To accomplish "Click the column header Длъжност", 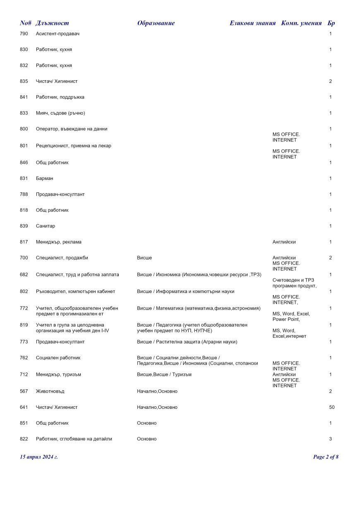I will [x=52, y=23].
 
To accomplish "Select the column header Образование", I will [x=156, y=23].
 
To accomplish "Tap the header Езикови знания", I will [x=252, y=23].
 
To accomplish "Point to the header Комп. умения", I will [x=301, y=23].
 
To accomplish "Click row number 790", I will [x=24, y=34].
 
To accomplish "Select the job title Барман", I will [x=45, y=178].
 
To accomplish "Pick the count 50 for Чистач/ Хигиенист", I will [x=331, y=407].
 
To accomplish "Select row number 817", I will [x=24, y=242].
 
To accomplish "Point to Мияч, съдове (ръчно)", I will [x=60, y=113].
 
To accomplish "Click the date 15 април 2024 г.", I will [x=39, y=457].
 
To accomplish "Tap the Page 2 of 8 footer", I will [x=326, y=457].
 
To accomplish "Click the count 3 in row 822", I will [x=330, y=439].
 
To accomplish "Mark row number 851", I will [x=24, y=423].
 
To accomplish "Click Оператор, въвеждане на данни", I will [x=72, y=129].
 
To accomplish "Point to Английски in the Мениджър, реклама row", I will [x=284, y=242].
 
